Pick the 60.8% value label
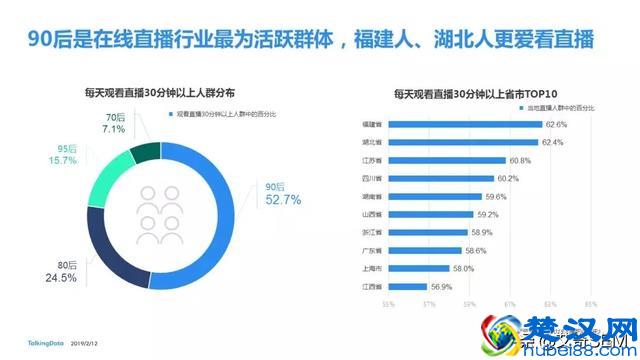click(520, 161)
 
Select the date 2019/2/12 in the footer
click(86, 341)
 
